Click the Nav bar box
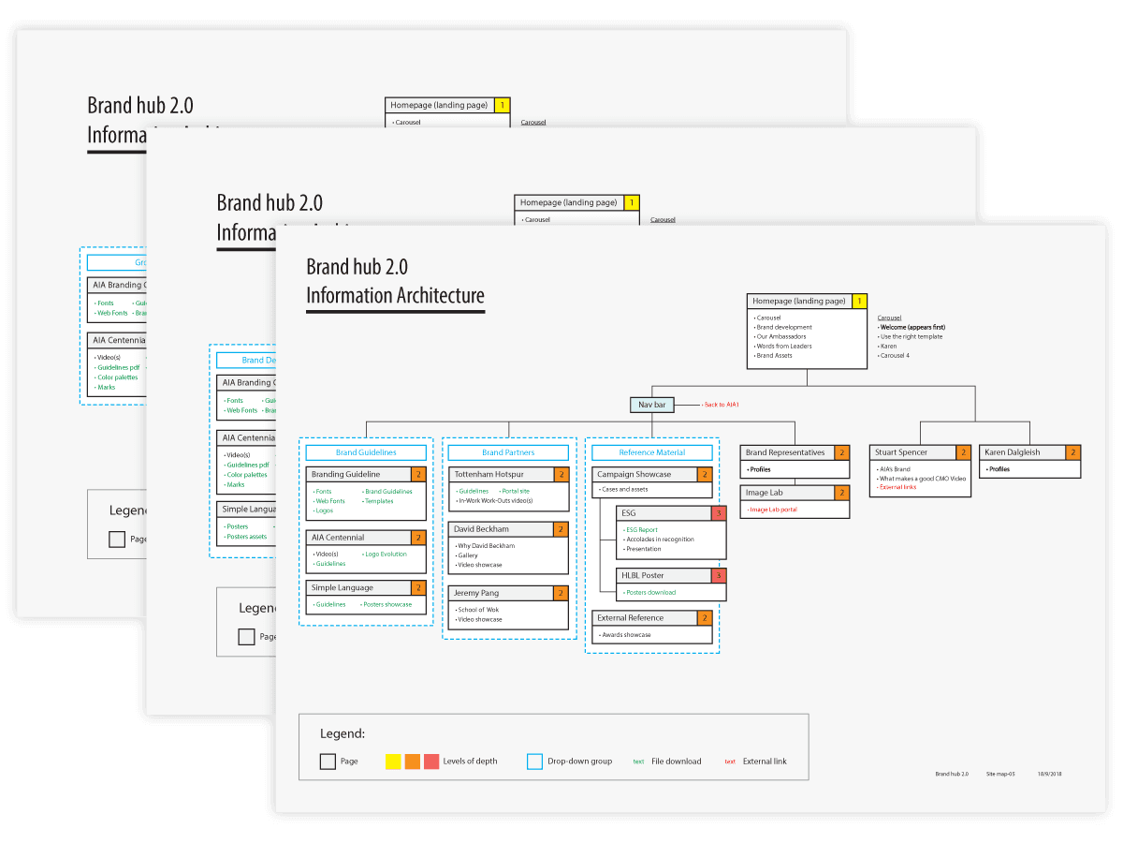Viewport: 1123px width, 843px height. coord(651,405)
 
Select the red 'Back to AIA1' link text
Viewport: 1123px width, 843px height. coord(722,405)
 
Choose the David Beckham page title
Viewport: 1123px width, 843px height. coord(482,529)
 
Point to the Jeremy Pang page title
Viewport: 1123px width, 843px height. coord(478,593)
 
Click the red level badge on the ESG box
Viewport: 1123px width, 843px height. coord(719,513)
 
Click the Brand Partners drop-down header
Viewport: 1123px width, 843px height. coord(508,452)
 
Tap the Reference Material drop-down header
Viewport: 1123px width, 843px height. coord(651,452)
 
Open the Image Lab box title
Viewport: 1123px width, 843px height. coord(765,493)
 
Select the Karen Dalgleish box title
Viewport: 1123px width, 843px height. coord(1012,452)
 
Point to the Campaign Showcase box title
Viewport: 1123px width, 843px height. coord(634,475)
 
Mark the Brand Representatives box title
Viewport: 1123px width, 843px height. coord(785,452)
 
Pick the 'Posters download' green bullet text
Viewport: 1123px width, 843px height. coord(650,592)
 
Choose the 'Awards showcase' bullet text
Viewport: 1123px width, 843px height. coord(626,635)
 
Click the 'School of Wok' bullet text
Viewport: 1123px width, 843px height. coord(479,610)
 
